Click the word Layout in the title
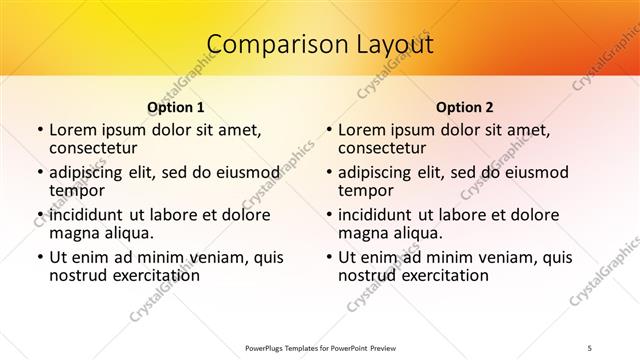point(395,45)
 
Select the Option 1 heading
point(175,107)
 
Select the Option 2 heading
point(465,107)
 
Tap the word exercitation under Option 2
point(444,275)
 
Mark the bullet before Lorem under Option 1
point(39,130)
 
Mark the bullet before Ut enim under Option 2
point(328,257)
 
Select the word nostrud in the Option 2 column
point(369,275)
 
